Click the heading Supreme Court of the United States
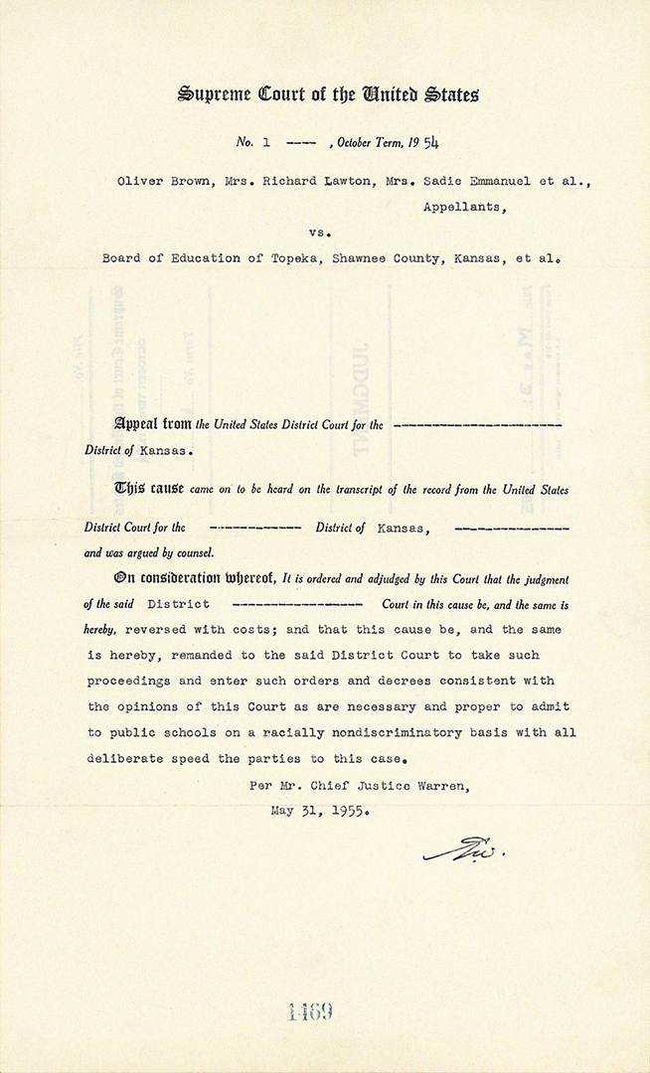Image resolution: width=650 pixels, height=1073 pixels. point(328,95)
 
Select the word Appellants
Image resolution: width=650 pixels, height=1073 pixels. point(463,207)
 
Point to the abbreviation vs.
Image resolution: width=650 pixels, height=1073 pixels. point(319,231)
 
